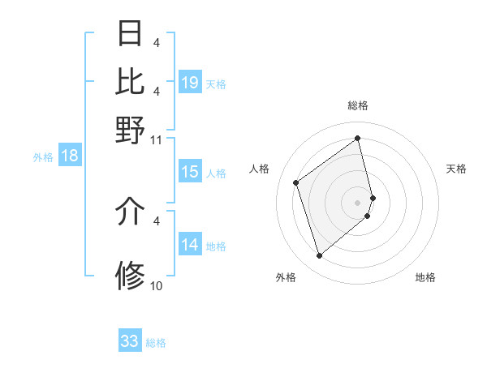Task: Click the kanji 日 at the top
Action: point(130,33)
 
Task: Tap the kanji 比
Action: point(130,81)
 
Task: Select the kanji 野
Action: point(130,129)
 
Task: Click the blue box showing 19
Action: point(190,82)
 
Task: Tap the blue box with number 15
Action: point(190,172)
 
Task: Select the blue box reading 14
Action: point(190,245)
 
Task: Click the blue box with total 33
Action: point(130,341)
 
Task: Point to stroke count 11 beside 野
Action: point(157,139)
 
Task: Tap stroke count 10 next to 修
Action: point(157,285)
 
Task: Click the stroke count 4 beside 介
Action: point(157,220)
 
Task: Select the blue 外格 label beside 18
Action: point(43,157)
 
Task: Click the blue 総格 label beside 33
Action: point(156,343)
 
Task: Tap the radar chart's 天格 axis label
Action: point(456,169)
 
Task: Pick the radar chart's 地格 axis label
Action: point(425,277)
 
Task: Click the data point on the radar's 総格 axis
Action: point(358,138)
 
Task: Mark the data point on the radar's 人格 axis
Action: point(296,182)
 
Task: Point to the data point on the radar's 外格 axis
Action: point(320,256)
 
